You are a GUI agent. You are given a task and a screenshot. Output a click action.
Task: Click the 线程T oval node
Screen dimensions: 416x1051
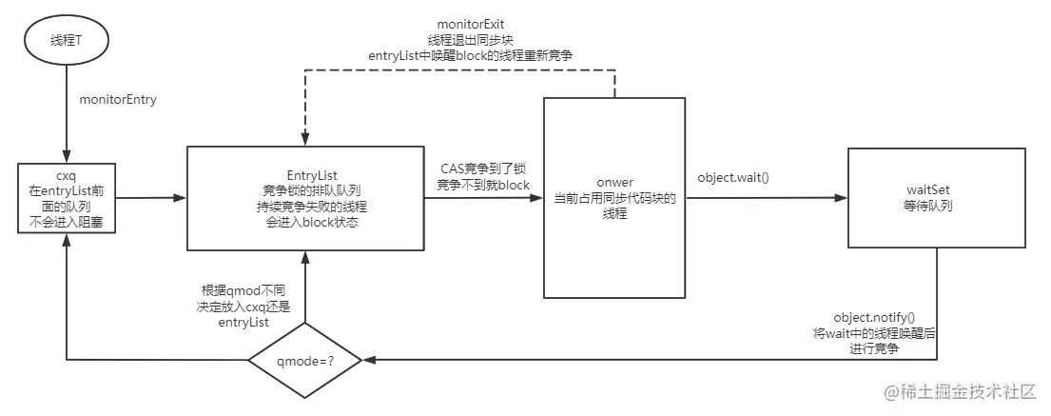[65, 41]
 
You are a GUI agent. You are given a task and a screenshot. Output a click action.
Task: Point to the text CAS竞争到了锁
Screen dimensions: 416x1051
[475, 168]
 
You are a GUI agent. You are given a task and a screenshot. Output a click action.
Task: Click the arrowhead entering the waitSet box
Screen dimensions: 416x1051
[841, 198]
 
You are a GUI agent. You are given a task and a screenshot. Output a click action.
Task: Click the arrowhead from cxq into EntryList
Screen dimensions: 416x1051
[179, 198]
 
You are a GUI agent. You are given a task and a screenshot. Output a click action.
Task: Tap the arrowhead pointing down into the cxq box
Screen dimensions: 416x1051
[65, 155]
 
